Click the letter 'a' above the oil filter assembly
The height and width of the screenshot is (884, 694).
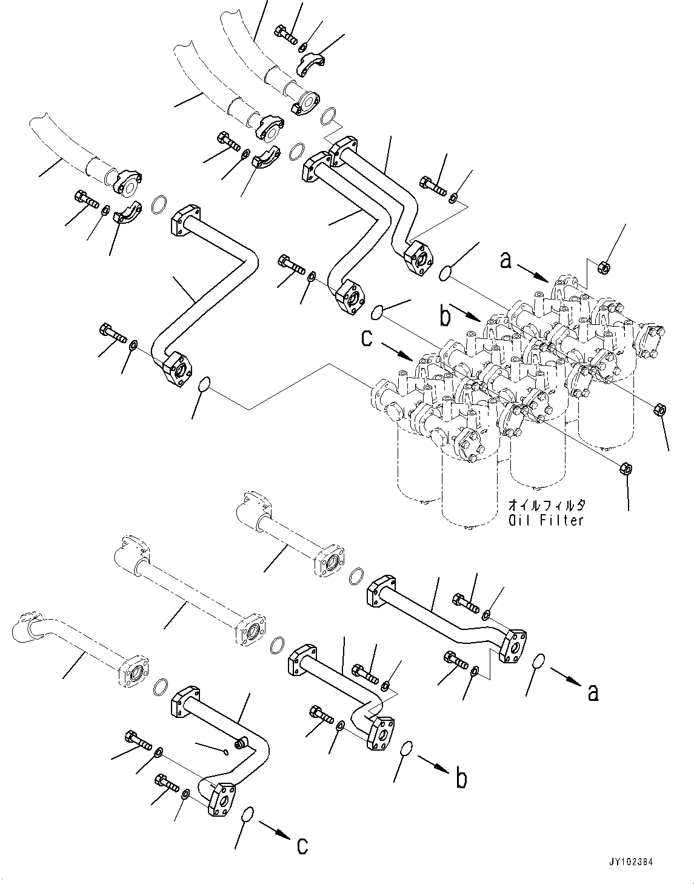click(x=506, y=261)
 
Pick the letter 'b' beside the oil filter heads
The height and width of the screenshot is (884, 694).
click(x=445, y=316)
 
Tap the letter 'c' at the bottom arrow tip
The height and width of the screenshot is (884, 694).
click(x=302, y=845)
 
